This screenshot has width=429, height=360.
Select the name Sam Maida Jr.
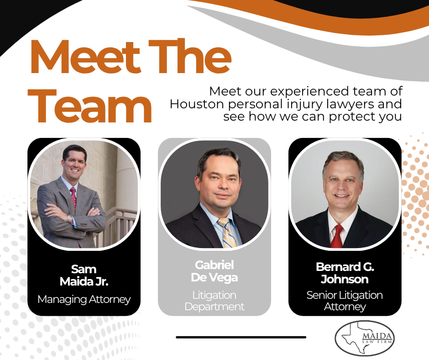(84, 275)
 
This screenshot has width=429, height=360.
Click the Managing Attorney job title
(84, 300)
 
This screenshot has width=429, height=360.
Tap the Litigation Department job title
(214, 301)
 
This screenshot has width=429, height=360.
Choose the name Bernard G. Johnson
(345, 273)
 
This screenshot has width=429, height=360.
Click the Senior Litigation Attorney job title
(345, 301)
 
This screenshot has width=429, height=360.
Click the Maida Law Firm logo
(365, 338)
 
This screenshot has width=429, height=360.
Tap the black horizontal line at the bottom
(241, 337)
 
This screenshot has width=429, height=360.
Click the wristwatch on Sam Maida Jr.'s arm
(69, 219)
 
